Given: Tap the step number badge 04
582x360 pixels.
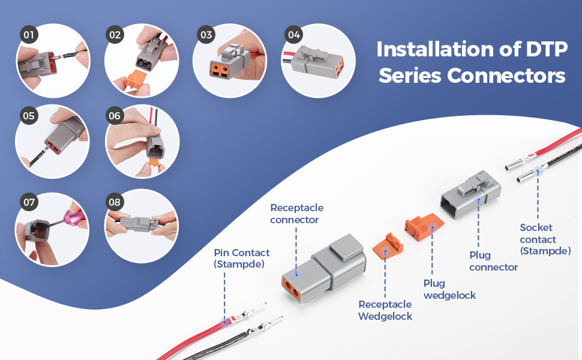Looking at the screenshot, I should [x=293, y=35].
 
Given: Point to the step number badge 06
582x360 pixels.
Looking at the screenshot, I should [x=115, y=116].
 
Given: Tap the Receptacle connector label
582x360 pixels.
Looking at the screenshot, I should [x=296, y=214].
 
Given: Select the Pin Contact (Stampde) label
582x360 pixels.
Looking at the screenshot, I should [x=241, y=259].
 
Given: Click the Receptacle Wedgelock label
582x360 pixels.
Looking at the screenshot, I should [x=385, y=310].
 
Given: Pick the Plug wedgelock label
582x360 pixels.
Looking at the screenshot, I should [x=449, y=289].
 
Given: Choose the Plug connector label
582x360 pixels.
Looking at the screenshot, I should [x=493, y=261].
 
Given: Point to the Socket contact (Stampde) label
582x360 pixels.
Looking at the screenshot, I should [x=545, y=239].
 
